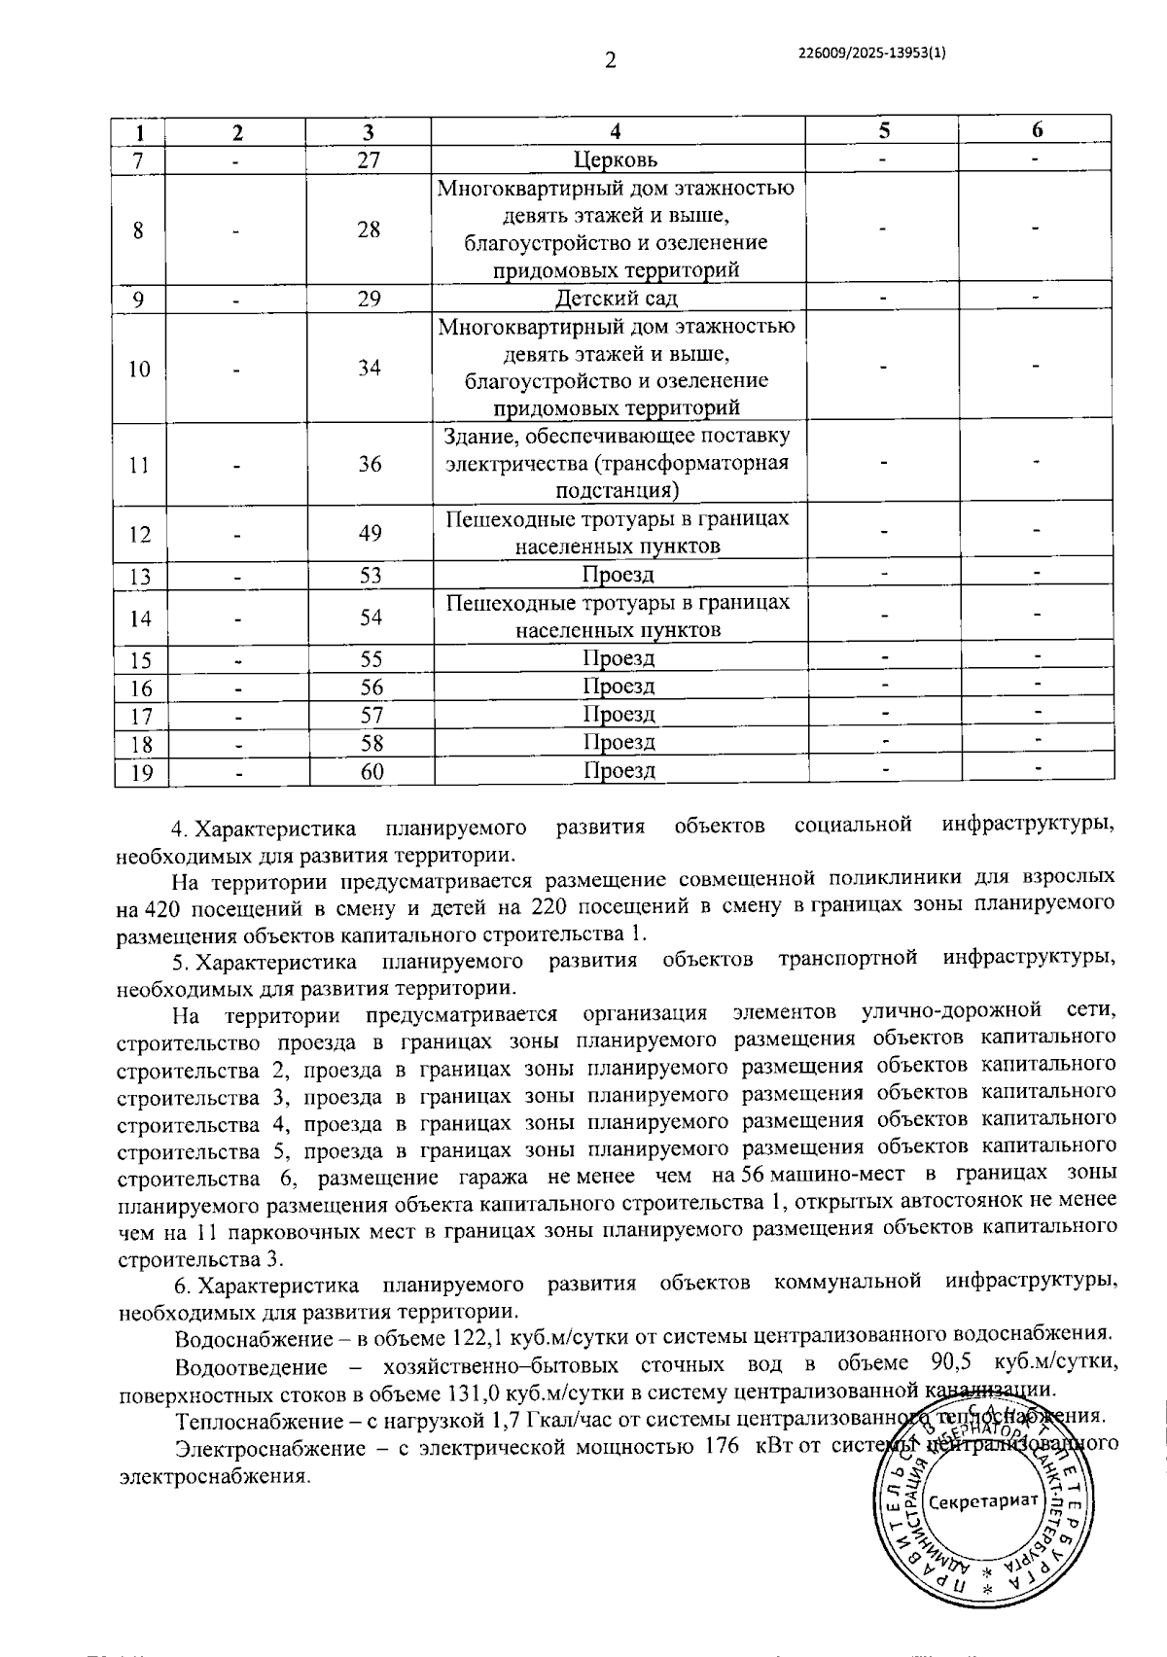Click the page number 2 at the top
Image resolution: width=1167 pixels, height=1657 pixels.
(610, 61)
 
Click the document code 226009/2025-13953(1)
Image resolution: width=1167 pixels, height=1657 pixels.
(870, 55)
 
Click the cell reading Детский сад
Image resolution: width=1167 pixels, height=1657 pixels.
(617, 299)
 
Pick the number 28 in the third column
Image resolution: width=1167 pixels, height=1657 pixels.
(369, 230)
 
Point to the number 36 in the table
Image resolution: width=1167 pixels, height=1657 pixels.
(370, 464)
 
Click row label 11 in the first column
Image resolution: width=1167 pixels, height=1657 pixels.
(140, 465)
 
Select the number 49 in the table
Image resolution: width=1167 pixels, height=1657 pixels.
(370, 533)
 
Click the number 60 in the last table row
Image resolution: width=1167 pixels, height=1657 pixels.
(371, 771)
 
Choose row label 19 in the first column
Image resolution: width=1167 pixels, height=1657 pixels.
(141, 773)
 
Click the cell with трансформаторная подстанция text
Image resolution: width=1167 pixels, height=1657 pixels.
(617, 464)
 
